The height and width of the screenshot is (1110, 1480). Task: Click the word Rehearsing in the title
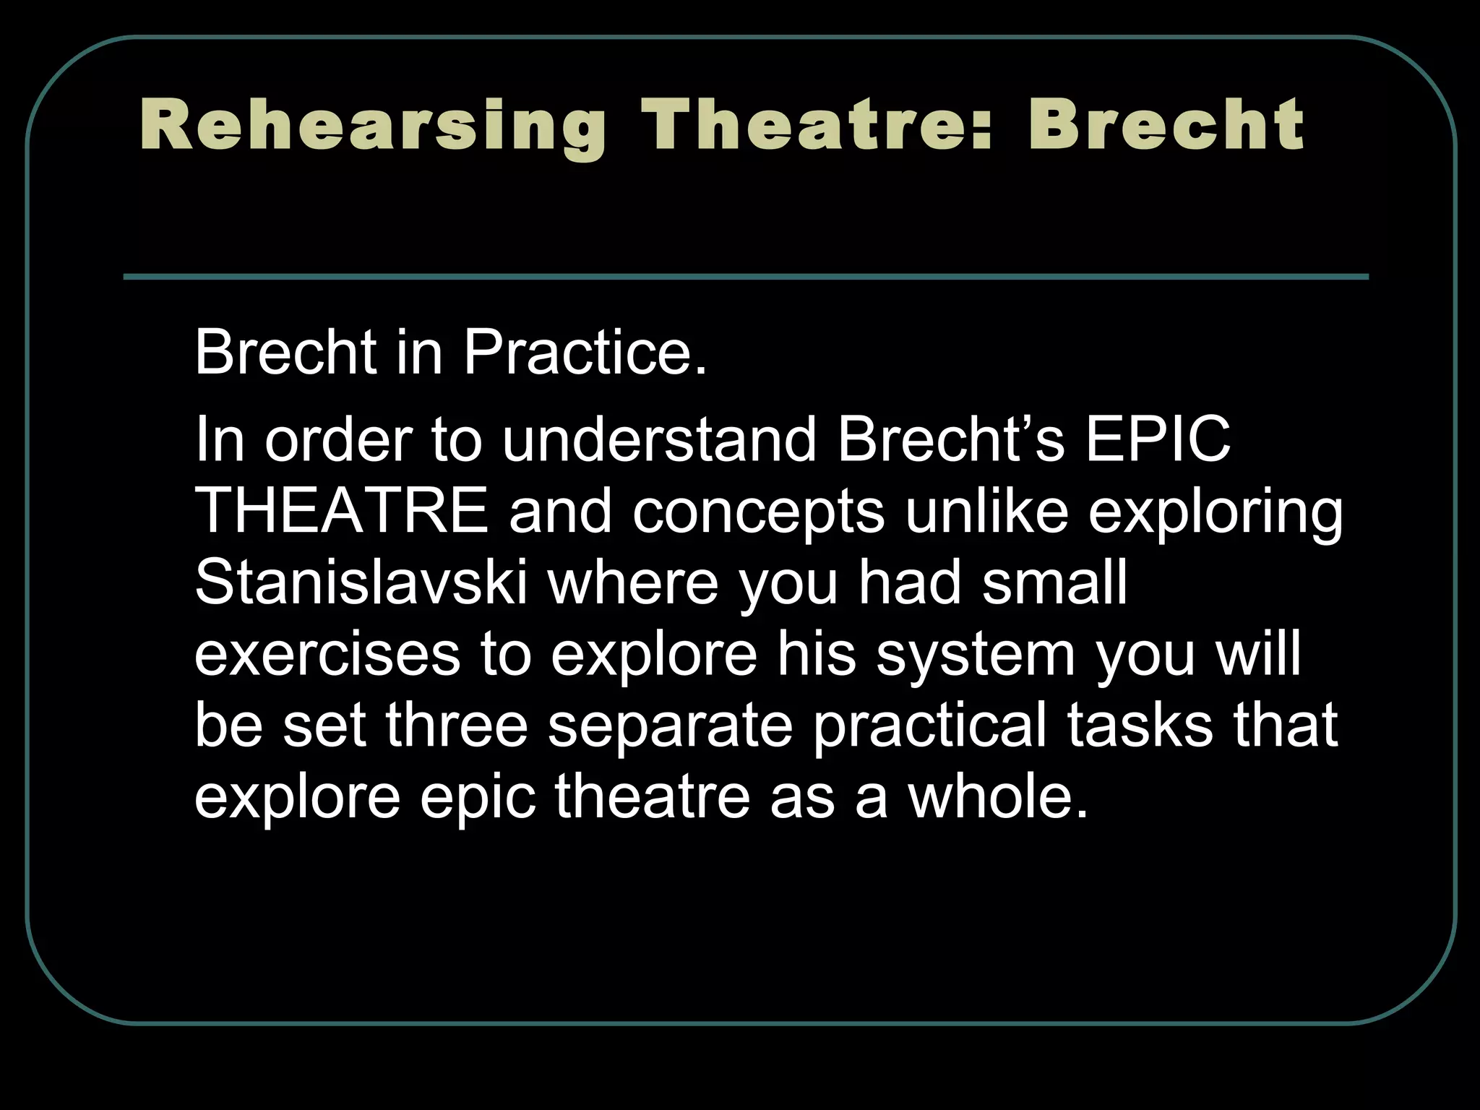(373, 126)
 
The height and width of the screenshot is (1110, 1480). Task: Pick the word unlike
(986, 511)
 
